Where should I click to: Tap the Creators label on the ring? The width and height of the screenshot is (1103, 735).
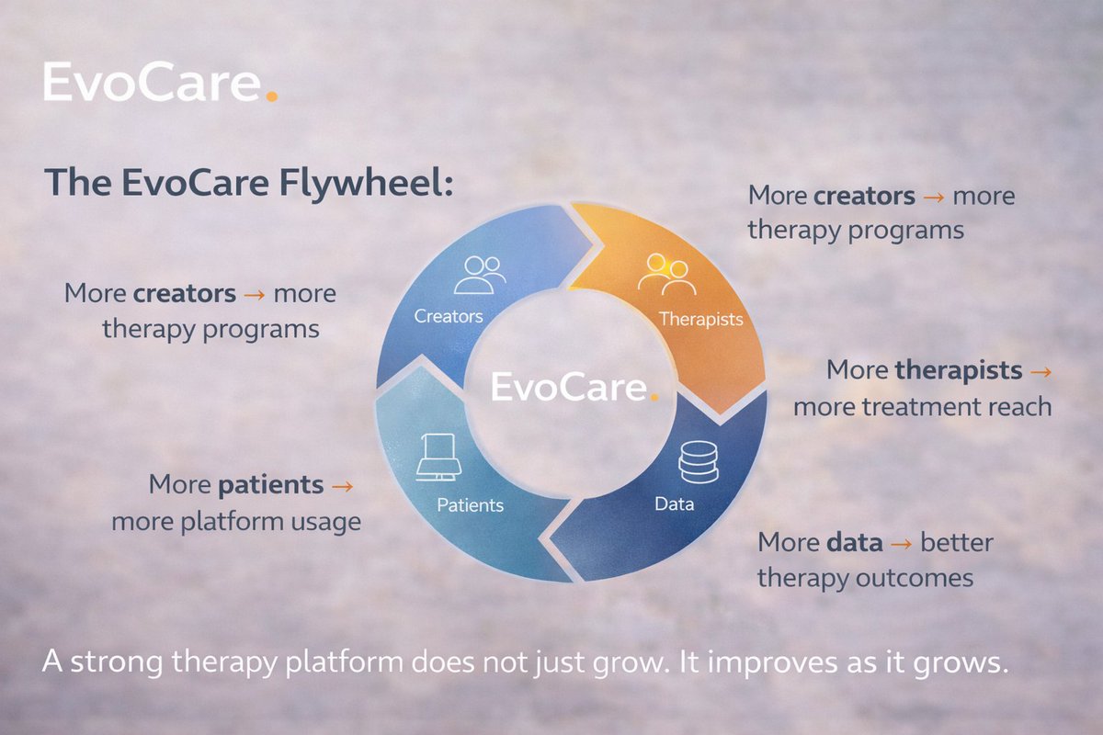click(449, 316)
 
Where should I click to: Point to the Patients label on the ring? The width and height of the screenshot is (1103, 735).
click(470, 505)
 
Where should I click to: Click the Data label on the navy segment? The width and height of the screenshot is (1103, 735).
click(675, 503)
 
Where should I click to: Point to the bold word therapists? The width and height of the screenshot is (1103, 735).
click(959, 370)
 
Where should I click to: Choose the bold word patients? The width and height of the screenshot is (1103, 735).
click(271, 484)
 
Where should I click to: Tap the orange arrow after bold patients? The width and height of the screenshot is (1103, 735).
click(343, 485)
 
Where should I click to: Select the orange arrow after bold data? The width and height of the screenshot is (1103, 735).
click(903, 543)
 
